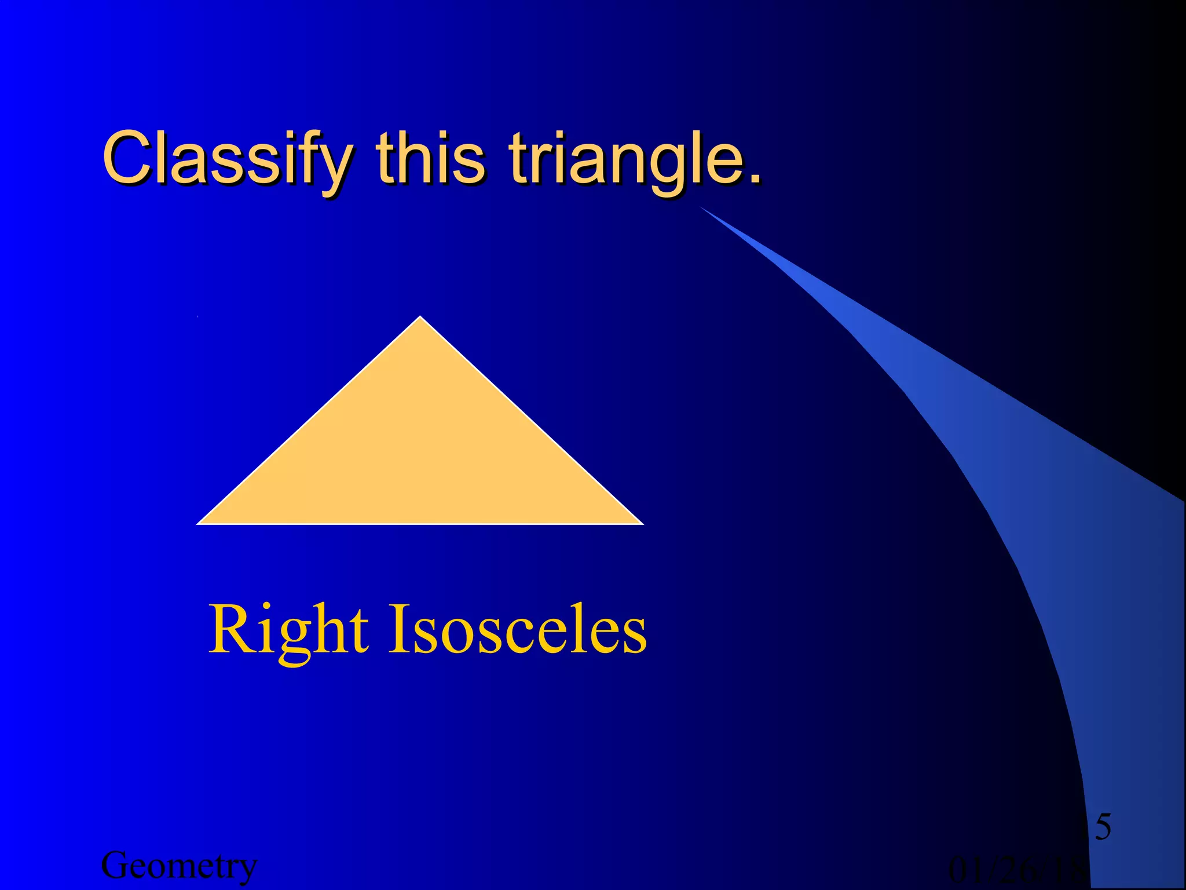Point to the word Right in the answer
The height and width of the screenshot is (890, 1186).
click(x=288, y=630)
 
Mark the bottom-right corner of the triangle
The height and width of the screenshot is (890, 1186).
click(x=642, y=523)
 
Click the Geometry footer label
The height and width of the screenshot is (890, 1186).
click(x=179, y=866)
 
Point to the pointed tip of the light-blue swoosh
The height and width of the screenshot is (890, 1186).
click(x=702, y=207)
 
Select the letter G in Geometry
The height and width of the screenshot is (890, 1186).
click(x=115, y=866)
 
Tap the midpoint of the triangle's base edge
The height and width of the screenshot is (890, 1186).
click(x=420, y=523)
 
